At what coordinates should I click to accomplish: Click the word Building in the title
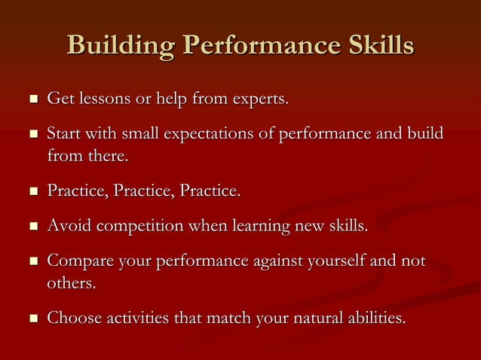(x=121, y=45)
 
